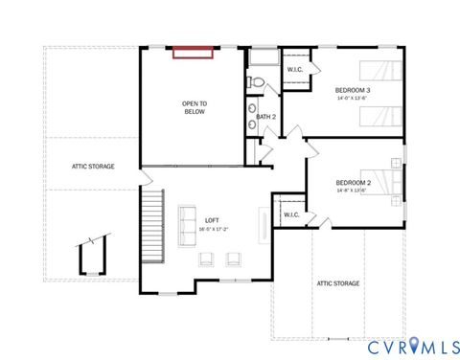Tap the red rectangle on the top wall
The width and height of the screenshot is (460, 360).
point(194,51)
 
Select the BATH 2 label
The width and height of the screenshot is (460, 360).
point(265,117)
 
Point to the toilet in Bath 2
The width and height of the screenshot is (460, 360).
point(254,82)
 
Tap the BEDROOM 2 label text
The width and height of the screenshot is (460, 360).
point(353,183)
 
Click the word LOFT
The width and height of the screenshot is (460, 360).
point(185,221)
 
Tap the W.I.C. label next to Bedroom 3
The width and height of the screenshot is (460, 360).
point(295,68)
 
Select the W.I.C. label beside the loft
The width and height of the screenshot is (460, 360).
point(291,215)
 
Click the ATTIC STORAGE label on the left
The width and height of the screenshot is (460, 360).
point(93,167)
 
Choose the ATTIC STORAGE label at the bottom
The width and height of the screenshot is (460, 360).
point(338,283)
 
